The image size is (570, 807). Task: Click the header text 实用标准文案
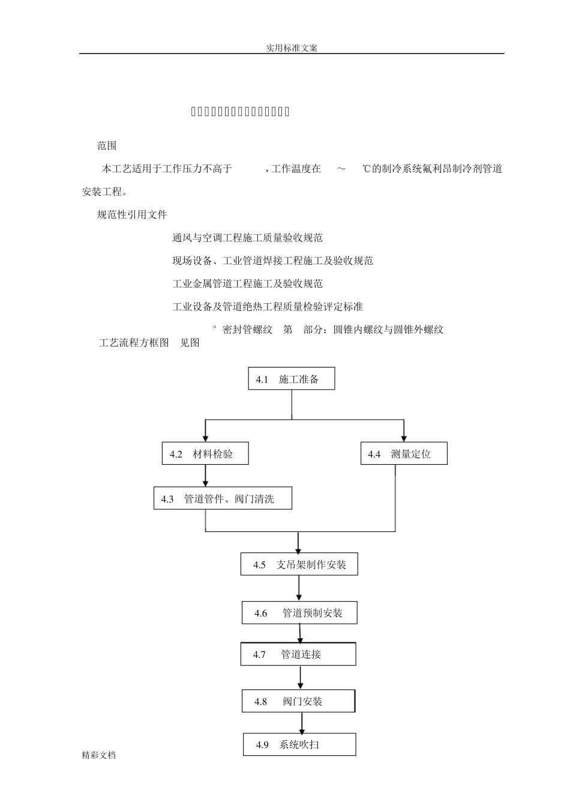292,48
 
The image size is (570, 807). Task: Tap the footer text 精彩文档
99,755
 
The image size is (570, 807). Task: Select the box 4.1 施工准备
292,379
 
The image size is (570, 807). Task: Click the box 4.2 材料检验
205,454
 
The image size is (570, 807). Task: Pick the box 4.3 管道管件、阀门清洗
223,498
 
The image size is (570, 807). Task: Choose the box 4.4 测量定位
404,454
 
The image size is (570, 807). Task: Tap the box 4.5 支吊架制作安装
299,564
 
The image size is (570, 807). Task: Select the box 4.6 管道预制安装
299,613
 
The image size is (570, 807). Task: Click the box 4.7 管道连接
298,654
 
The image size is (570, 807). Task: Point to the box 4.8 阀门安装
298,701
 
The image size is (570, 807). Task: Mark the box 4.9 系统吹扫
299,745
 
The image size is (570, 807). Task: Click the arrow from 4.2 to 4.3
206,476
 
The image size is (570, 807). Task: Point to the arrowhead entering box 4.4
404,438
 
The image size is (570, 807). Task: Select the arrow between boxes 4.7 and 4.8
301,678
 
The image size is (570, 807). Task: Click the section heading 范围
107,146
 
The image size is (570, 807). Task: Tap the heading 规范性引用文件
132,214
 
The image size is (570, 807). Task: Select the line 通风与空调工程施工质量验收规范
247,238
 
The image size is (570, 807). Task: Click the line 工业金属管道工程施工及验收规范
247,283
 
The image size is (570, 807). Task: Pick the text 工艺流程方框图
134,343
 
